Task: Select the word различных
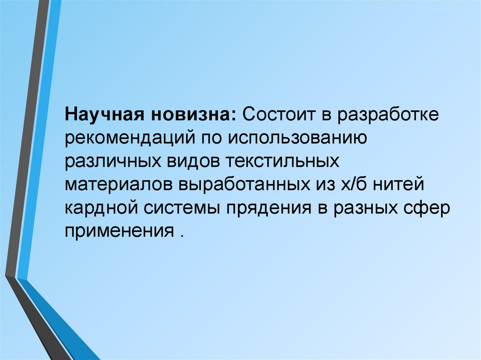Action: click(x=112, y=161)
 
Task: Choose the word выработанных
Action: click(x=240, y=184)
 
